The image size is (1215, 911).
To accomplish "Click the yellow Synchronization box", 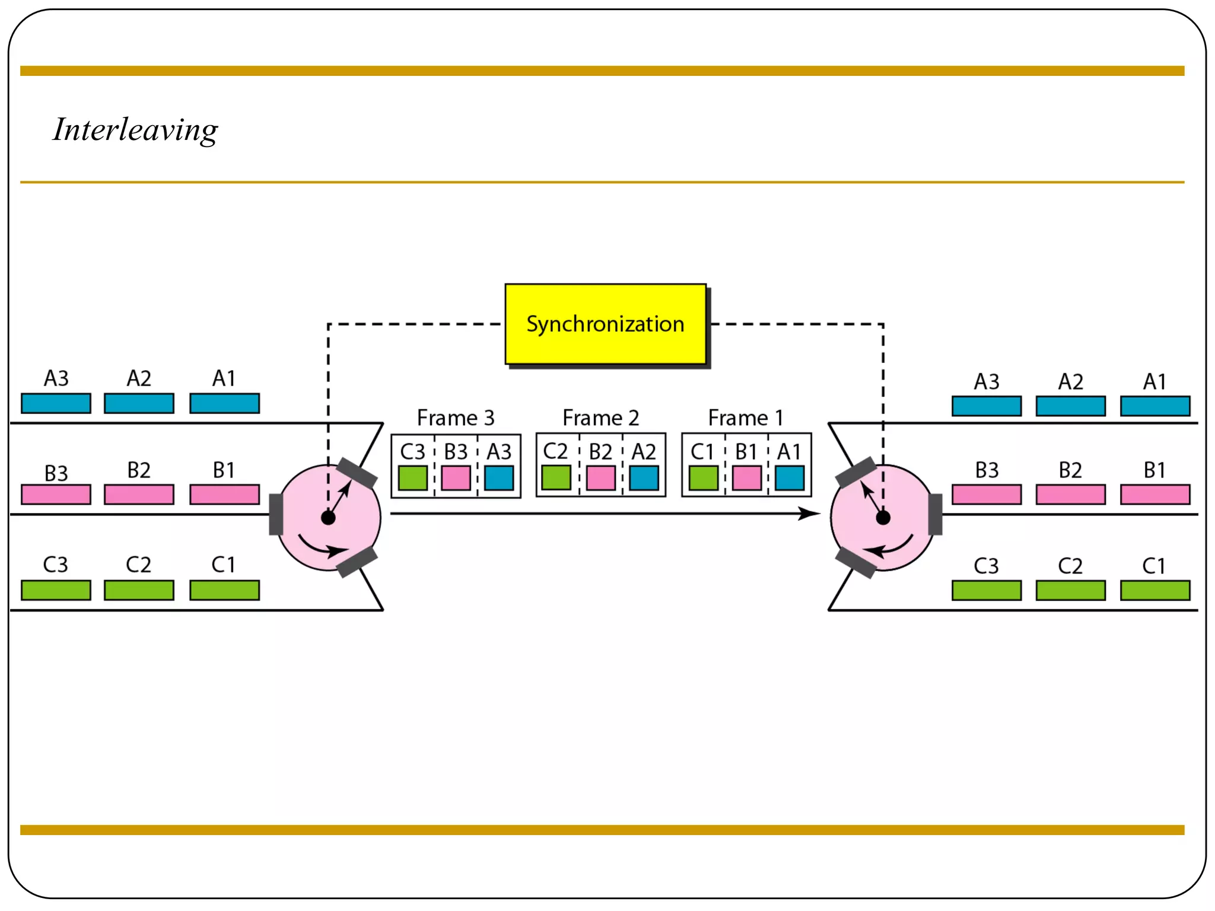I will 605,324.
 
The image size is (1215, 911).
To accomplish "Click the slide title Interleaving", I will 135,130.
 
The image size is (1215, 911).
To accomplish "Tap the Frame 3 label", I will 455,418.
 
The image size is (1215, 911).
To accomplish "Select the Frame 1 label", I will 745,418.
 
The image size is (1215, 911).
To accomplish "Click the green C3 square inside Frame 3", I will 412,478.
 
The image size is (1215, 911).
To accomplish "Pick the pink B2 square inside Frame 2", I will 600,478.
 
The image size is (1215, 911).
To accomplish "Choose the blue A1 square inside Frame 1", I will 789,478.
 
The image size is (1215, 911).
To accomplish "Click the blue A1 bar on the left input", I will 224,403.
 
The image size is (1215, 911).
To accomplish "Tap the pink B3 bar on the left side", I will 56,495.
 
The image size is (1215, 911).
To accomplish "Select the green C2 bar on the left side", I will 139,590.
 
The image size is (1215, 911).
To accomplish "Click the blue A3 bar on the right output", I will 986,406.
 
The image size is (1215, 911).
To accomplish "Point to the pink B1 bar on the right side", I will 1154,495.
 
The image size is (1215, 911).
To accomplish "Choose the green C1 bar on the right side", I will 1154,591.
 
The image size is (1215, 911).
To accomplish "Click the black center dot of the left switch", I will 328,518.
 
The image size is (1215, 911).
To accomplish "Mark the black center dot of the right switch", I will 883,518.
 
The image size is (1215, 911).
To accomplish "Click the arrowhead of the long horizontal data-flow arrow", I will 809,513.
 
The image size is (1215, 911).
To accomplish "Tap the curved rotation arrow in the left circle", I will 320,548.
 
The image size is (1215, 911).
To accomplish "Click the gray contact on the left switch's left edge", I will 276,514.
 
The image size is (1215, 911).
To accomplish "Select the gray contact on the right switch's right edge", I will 936,514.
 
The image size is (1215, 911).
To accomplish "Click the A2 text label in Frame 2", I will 644,452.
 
